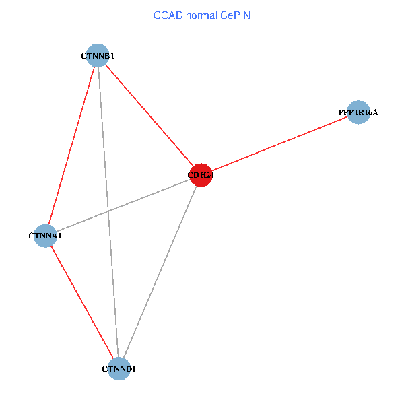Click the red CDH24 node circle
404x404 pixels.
pyautogui.click(x=201, y=175)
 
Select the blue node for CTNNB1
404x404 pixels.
pyautogui.click(x=98, y=56)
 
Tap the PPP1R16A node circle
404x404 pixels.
pyautogui.click(x=359, y=112)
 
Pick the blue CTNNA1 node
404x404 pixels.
pyautogui.click(x=45, y=236)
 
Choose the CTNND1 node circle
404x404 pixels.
pyautogui.click(x=119, y=368)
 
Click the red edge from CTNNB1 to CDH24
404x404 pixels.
pyautogui.click(x=149, y=115)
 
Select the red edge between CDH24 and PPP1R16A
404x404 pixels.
pyautogui.click(x=280, y=143)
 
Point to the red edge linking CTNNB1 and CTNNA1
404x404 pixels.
pyautogui.click(x=71, y=145)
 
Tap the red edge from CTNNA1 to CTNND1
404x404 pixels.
pyautogui.click(x=81, y=302)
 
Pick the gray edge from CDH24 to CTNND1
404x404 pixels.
pyautogui.click(x=160, y=272)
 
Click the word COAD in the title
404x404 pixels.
pyautogui.click(x=167, y=15)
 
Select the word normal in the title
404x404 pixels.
pyautogui.click(x=199, y=15)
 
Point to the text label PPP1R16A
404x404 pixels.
pyautogui.click(x=358, y=112)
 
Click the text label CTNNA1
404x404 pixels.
pyautogui.click(x=45, y=236)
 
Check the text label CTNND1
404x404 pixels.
pyautogui.click(x=119, y=369)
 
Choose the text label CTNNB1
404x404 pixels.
pyautogui.click(x=98, y=56)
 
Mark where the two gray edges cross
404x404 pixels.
pyautogui.click(x=108, y=211)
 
